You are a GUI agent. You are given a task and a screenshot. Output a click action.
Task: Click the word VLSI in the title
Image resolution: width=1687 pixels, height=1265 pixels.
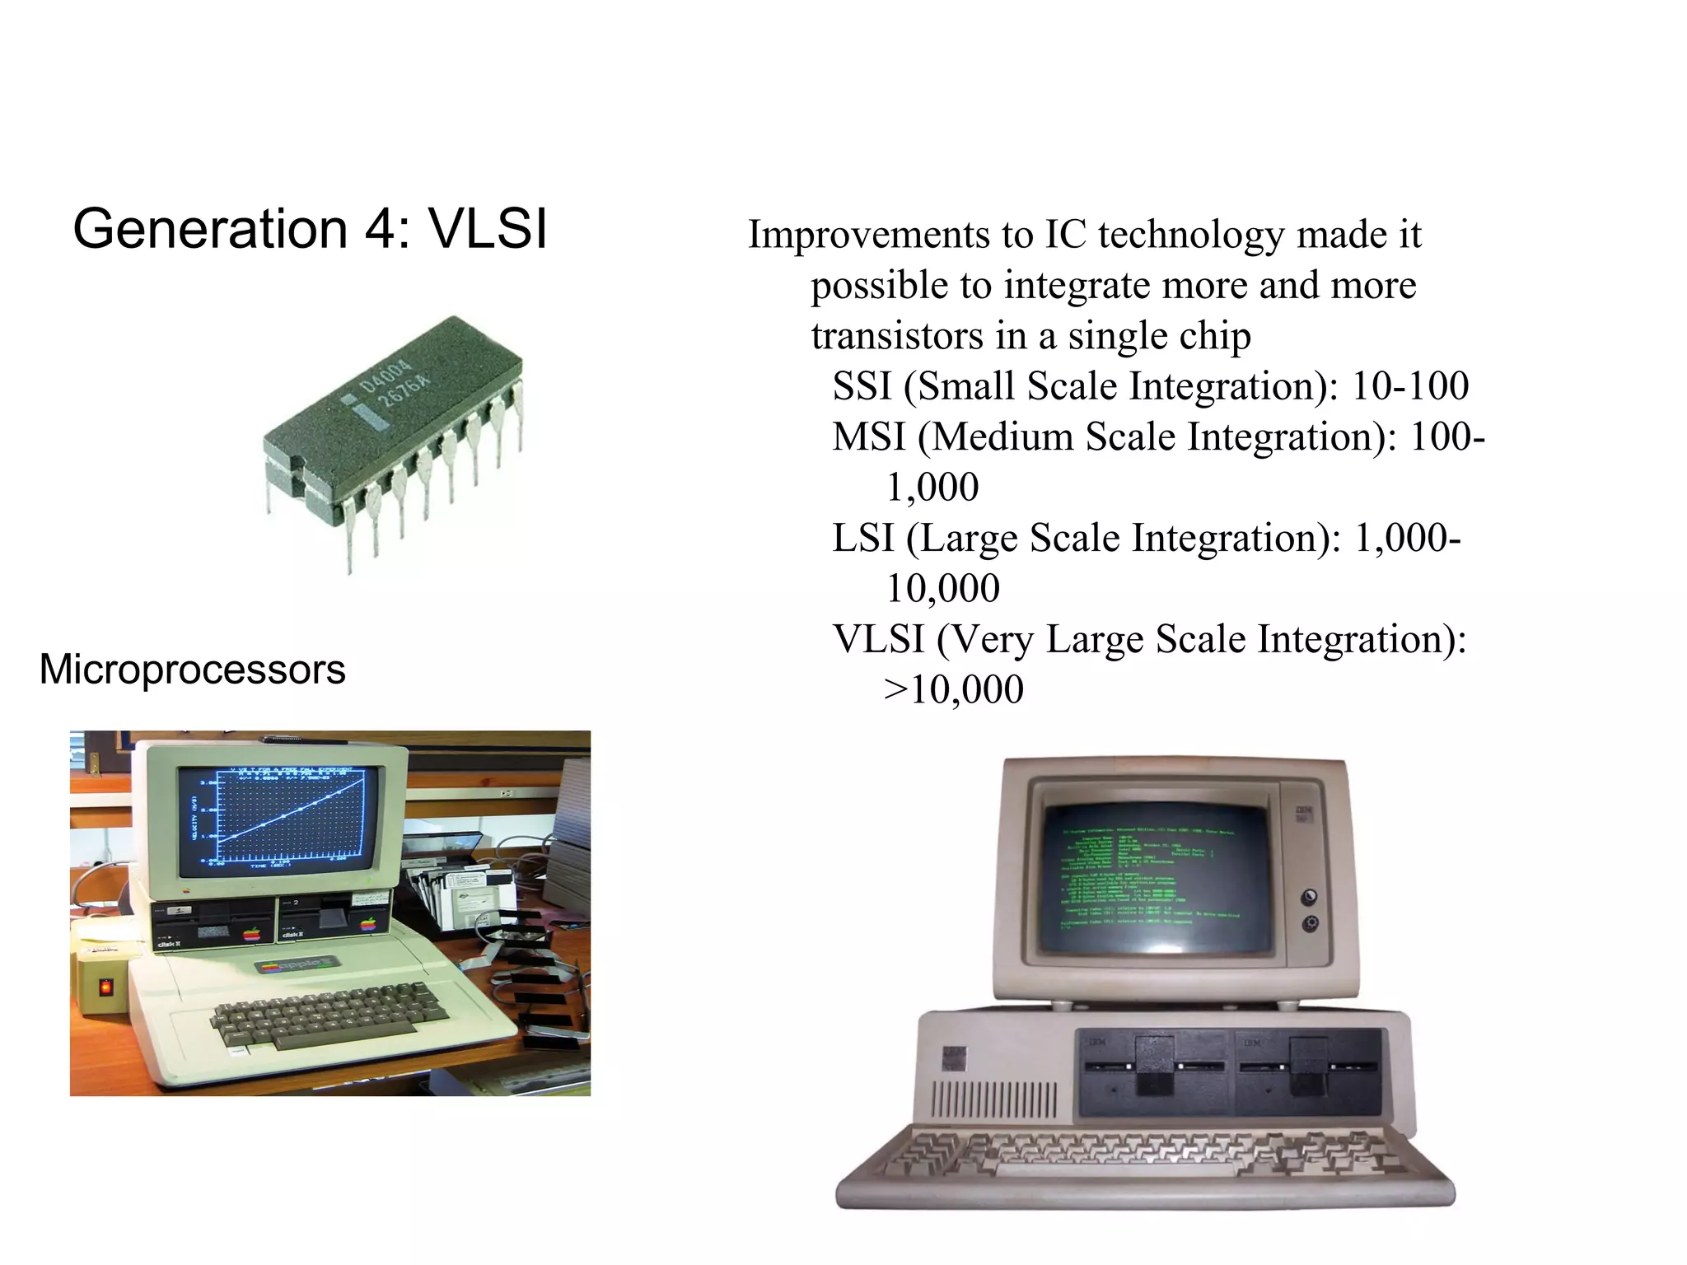[x=488, y=228]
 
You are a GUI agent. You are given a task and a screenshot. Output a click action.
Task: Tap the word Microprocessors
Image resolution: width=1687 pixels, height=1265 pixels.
[x=192, y=669]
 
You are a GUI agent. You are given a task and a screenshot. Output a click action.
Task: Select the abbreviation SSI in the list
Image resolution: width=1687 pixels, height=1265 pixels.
[x=862, y=385]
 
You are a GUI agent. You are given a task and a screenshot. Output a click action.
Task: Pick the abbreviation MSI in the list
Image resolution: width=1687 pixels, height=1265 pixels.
[x=868, y=436]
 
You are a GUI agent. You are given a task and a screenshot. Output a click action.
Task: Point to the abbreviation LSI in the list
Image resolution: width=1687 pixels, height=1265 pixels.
[x=862, y=538]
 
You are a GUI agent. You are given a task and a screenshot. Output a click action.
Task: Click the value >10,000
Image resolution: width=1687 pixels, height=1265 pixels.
[x=953, y=689]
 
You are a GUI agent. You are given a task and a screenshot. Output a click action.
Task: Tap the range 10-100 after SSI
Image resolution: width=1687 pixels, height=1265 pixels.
[x=1410, y=385]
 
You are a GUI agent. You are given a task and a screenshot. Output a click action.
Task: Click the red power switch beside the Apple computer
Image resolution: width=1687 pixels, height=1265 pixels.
[x=106, y=986]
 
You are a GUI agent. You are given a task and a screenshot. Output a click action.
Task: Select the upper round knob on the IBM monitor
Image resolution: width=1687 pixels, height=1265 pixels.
[x=1310, y=896]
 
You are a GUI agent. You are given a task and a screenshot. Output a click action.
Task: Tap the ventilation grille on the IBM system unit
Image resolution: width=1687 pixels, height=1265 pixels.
[x=993, y=1100]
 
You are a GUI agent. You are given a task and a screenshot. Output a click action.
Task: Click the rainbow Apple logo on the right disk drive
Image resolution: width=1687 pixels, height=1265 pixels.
[x=368, y=926]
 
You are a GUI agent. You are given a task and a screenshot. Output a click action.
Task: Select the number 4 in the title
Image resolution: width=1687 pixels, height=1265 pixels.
[x=380, y=228]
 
